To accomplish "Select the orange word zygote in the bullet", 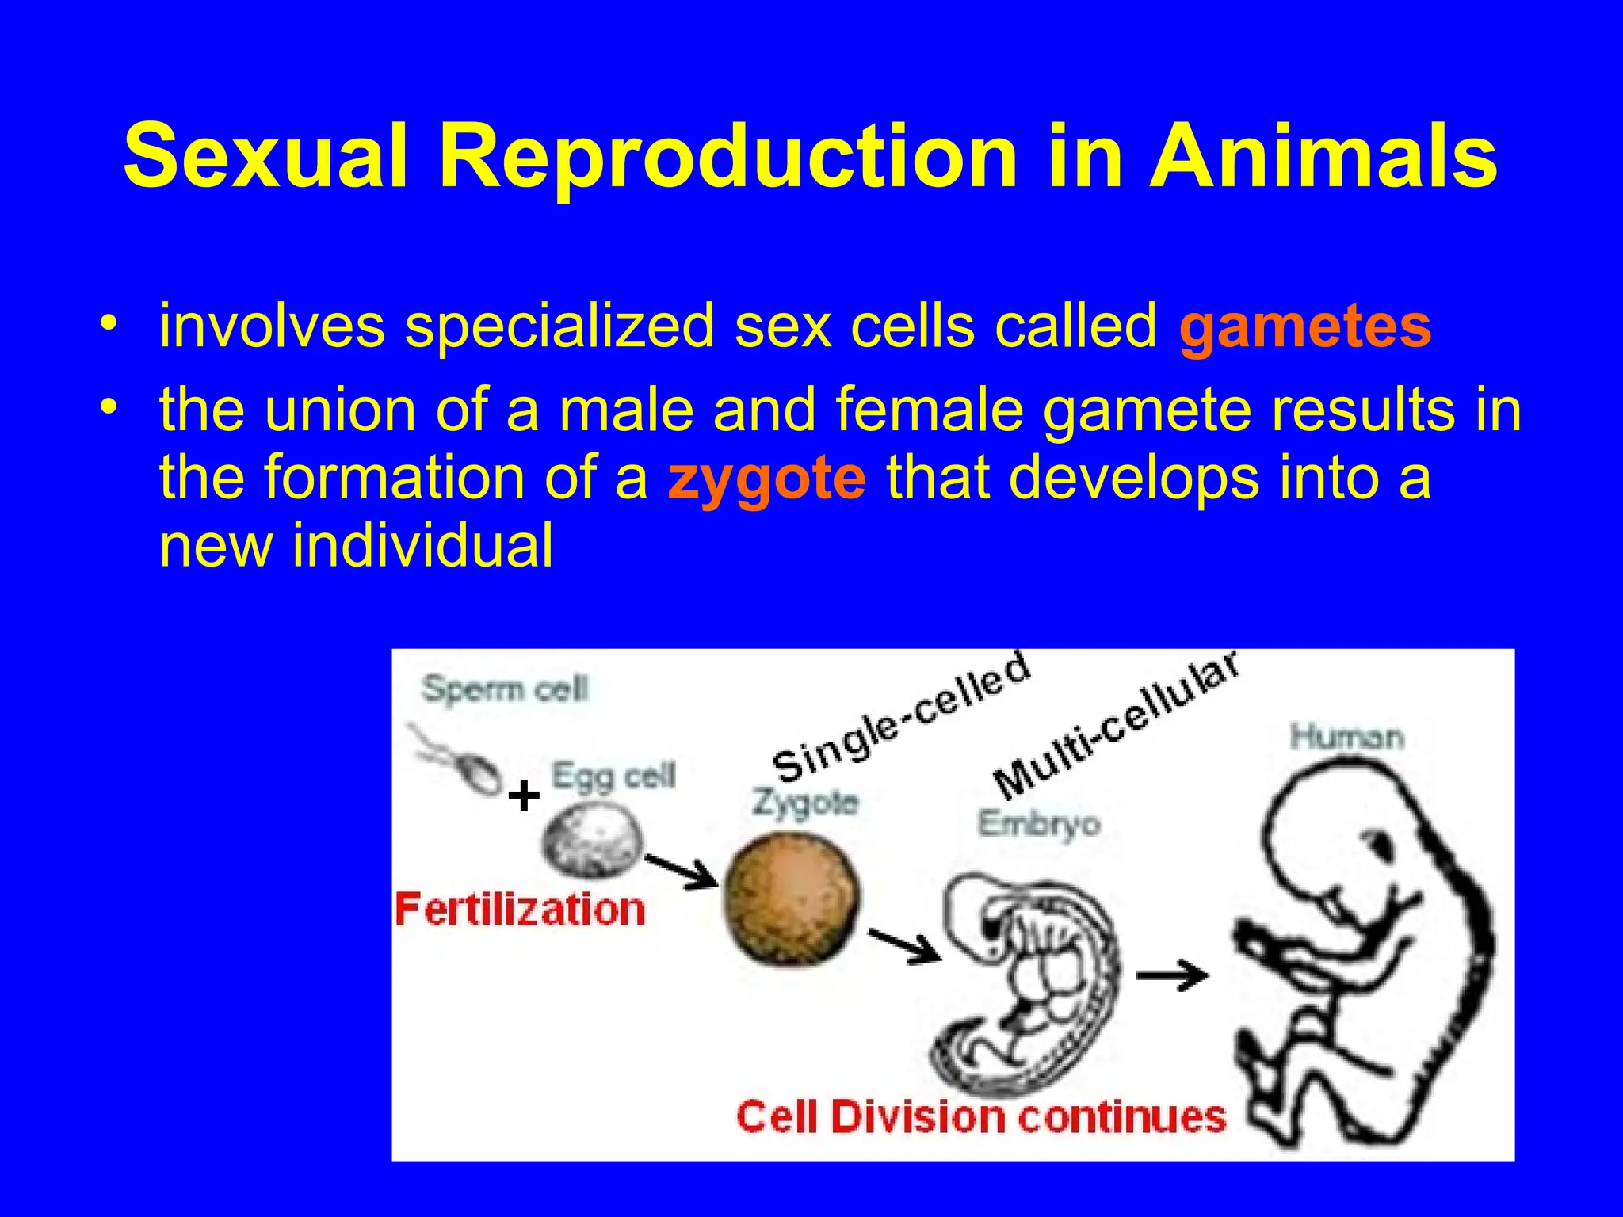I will (766, 479).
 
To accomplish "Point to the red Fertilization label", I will (520, 910).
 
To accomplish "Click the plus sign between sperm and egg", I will (524, 795).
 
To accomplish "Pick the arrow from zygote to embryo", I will (904, 944).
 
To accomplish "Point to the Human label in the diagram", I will (1346, 738).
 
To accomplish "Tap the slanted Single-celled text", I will (901, 718).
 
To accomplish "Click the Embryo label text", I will (1038, 825).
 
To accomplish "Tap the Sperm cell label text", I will (505, 689).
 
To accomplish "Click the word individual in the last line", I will (422, 547).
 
